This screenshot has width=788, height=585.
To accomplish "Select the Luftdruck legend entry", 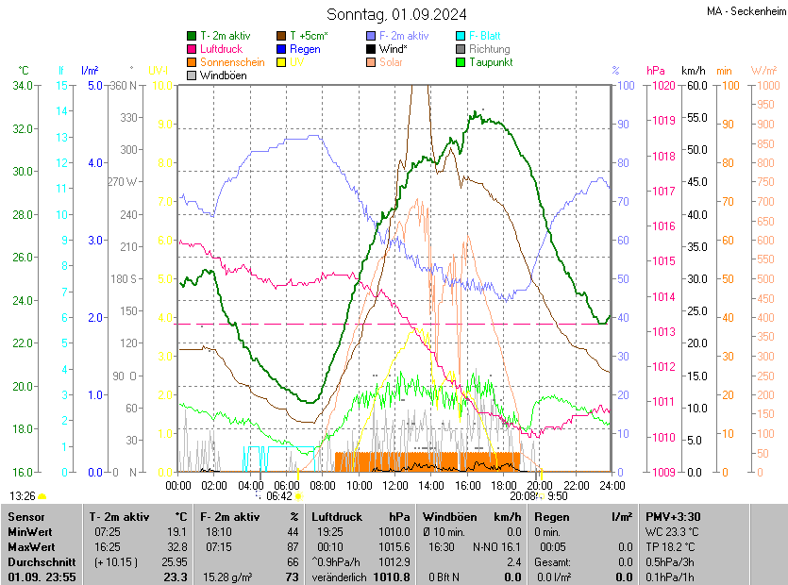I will pyautogui.click(x=221, y=49).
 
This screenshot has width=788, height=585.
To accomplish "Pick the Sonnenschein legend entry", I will pyautogui.click(x=232, y=62).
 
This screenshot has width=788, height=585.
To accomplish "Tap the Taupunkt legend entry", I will pyautogui.click(x=491, y=62).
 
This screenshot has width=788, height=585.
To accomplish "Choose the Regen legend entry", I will pyautogui.click(x=305, y=49).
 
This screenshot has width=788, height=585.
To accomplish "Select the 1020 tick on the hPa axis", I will pyautogui.click(x=661, y=86).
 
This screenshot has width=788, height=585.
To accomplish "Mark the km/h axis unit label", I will pyautogui.click(x=693, y=71).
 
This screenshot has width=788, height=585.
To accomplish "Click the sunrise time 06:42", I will pyautogui.click(x=279, y=495).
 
